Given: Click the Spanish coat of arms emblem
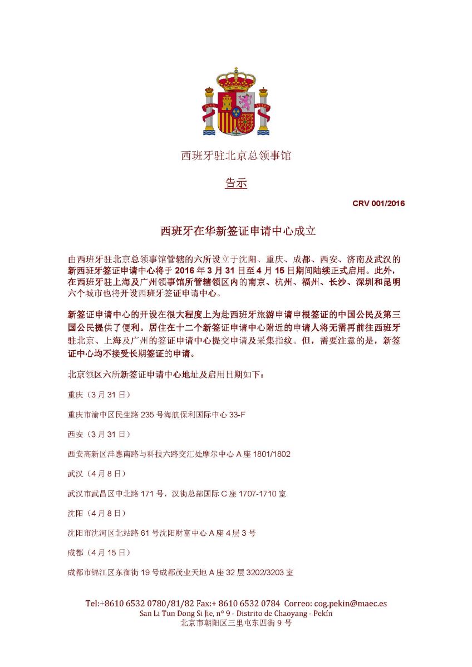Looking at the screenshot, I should pyautogui.click(x=236, y=103).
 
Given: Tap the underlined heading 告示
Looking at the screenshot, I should pyautogui.click(x=236, y=183).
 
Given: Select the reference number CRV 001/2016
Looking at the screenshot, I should pyautogui.click(x=378, y=203).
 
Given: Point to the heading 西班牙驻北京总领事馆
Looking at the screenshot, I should pyautogui.click(x=236, y=156).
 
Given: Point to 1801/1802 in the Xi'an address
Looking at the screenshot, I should pyautogui.click(x=271, y=454).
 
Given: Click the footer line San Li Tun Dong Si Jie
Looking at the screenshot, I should pyautogui.click(x=236, y=613).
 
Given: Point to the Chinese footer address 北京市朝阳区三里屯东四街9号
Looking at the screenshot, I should pyautogui.click(x=236, y=623).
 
